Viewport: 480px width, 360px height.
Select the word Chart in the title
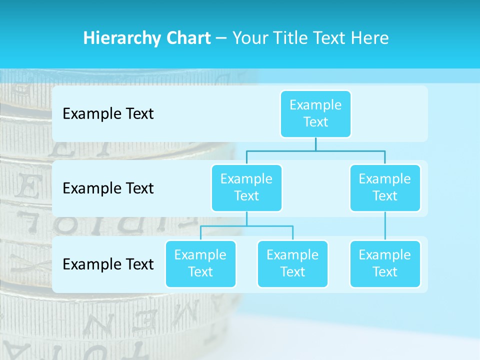(x=187, y=38)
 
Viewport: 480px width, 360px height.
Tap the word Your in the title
(x=250, y=38)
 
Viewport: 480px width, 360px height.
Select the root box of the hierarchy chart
(x=315, y=113)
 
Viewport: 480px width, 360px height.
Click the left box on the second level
(x=246, y=187)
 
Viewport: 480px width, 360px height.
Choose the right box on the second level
(x=385, y=187)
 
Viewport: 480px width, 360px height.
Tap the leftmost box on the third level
(x=200, y=263)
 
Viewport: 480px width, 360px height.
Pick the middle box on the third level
(x=292, y=263)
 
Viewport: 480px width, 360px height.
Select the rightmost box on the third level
(x=385, y=263)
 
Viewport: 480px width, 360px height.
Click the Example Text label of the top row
(x=108, y=114)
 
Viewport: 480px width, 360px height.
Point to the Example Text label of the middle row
(x=108, y=188)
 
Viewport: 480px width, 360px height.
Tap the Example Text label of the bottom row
(x=108, y=264)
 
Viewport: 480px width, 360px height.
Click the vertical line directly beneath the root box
(x=315, y=144)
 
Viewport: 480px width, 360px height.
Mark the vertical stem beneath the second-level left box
(x=246, y=218)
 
